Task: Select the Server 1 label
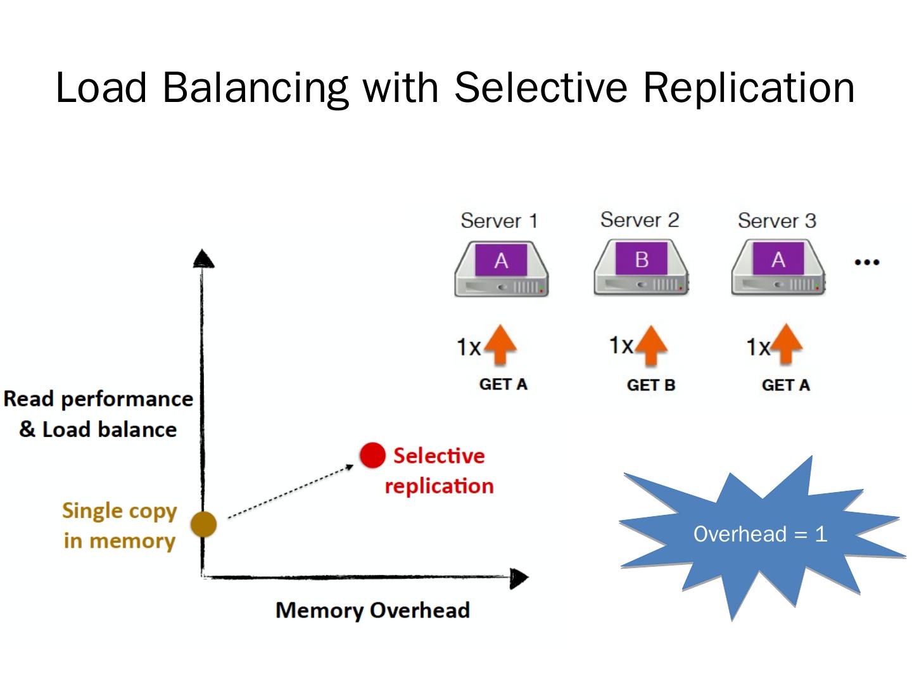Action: (x=499, y=220)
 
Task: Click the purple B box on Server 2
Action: (x=641, y=259)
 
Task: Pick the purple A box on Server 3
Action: (x=778, y=259)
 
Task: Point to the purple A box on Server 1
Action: (x=501, y=260)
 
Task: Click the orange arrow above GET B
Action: (x=650, y=345)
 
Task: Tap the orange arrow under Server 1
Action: (x=500, y=345)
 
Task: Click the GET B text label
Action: (x=650, y=385)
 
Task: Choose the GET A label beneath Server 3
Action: (x=785, y=385)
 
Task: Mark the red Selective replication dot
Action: (x=372, y=455)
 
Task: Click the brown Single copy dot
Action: (x=204, y=524)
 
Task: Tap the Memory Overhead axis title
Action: (x=372, y=610)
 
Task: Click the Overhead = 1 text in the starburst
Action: (x=760, y=534)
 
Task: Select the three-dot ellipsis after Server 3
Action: (x=866, y=262)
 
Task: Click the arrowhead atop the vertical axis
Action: (x=203, y=258)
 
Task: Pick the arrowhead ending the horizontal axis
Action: (x=519, y=578)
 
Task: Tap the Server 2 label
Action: (x=640, y=220)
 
